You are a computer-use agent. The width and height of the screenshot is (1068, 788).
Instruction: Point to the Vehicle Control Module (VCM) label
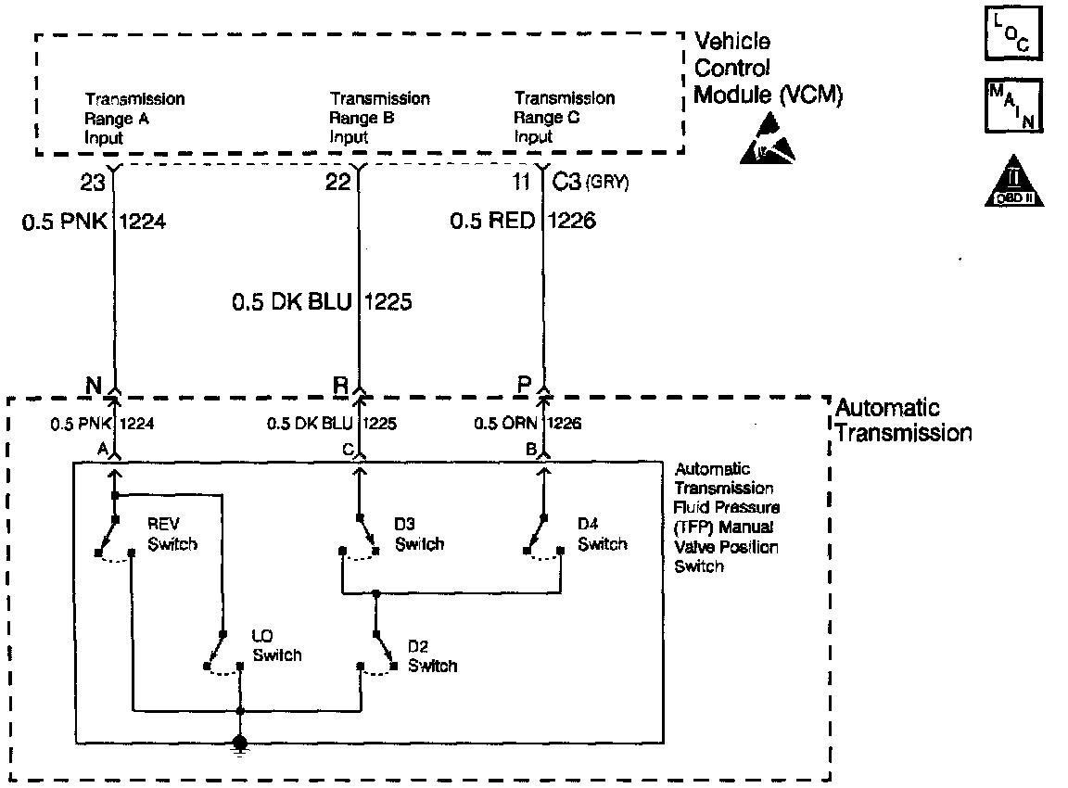pos(769,69)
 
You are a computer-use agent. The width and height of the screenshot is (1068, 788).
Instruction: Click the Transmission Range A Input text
pos(134,118)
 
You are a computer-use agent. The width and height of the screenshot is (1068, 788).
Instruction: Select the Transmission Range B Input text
pos(379,118)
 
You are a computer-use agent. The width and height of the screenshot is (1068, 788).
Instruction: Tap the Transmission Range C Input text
pos(564,118)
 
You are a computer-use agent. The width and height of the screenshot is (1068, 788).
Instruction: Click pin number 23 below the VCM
pos(92,184)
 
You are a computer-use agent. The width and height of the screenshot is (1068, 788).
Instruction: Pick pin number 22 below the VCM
pos(337,184)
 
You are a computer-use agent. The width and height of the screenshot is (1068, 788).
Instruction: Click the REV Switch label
pos(172,535)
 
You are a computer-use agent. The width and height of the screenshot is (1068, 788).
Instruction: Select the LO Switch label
pos(276,645)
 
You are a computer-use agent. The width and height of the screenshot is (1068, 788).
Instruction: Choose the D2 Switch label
pos(432,655)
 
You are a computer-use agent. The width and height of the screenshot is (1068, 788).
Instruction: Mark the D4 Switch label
pos(602,535)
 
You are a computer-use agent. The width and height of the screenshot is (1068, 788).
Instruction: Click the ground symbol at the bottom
pos(240,744)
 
